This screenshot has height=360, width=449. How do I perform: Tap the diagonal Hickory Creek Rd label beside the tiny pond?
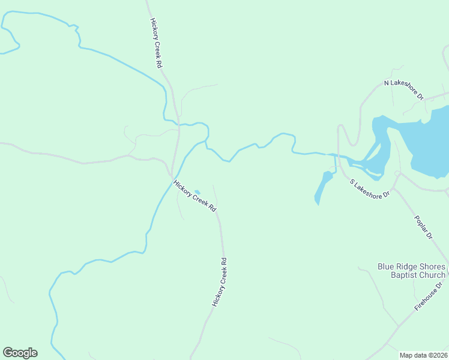click(x=194, y=196)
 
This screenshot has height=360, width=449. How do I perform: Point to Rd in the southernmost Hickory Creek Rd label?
click(x=224, y=263)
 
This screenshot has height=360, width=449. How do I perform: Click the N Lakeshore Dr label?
click(x=404, y=89)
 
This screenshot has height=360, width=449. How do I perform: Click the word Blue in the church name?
click(x=386, y=267)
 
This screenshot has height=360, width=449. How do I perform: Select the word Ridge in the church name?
click(x=408, y=267)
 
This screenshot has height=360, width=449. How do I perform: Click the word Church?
click(x=432, y=275)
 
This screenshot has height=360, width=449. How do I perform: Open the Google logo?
click(x=20, y=353)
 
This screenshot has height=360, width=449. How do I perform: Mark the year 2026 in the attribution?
click(x=438, y=355)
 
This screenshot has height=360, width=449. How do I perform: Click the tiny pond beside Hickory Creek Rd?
click(x=197, y=192)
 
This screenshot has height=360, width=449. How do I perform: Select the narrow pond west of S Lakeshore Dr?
click(x=323, y=187)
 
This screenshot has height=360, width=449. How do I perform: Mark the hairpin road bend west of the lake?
click(x=340, y=126)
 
